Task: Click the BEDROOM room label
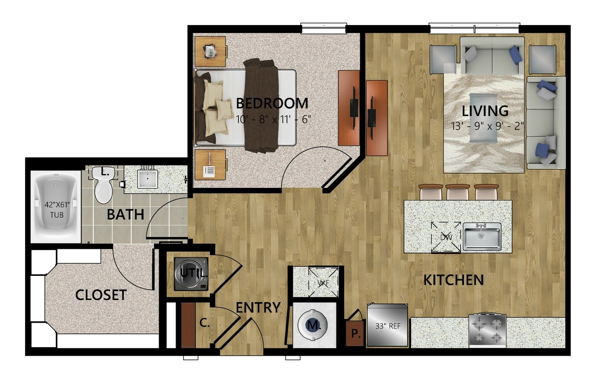tap(272, 103)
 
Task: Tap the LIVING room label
tap(485, 111)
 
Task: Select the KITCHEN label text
tap(454, 280)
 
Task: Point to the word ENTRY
tap(258, 308)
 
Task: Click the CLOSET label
tap(101, 295)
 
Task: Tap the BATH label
tap(125, 215)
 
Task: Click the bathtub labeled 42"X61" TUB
tap(56, 207)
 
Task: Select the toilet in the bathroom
tap(103, 184)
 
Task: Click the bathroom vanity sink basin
tap(147, 179)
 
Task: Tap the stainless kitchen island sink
tap(482, 237)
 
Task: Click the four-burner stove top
tap(488, 331)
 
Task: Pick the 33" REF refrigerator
tap(387, 325)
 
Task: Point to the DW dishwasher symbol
tap(446, 237)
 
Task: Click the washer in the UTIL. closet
tap(191, 274)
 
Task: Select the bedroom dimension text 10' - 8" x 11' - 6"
tap(273, 119)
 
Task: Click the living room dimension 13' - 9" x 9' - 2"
tap(488, 126)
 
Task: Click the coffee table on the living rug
tap(483, 118)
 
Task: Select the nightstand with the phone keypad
tap(210, 164)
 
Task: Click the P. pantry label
tap(354, 333)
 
